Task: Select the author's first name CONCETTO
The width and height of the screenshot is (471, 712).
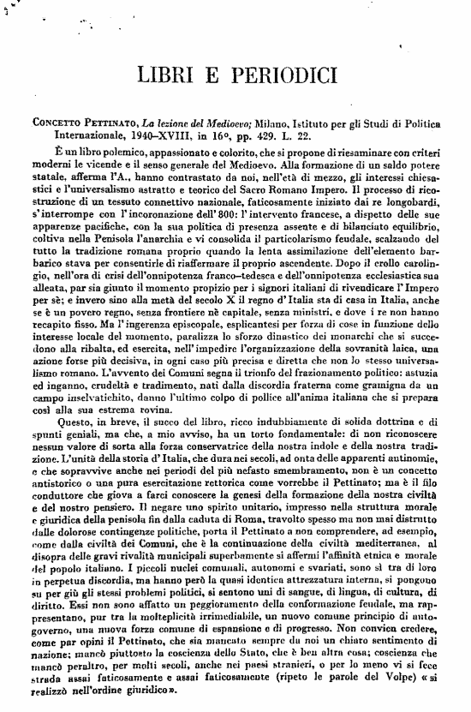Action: [59, 123]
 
